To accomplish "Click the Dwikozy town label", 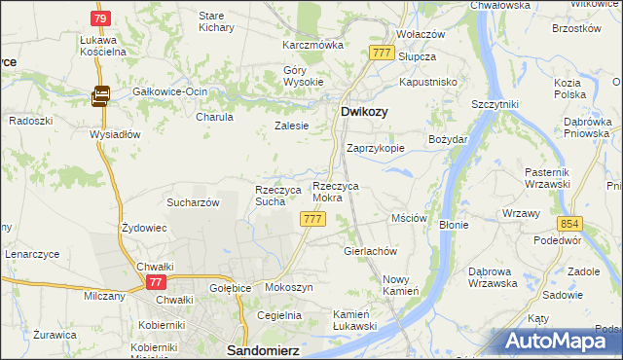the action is click(x=365, y=112).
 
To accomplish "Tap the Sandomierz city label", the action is click(x=262, y=346).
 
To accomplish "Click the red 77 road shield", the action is click(x=155, y=281).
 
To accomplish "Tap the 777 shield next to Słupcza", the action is click(x=381, y=52).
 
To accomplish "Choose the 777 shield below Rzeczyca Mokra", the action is click(x=312, y=220).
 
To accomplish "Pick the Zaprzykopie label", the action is click(x=376, y=149).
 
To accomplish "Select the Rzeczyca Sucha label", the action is click(x=270, y=196).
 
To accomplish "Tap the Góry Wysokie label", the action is click(x=303, y=76).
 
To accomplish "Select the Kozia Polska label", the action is click(x=568, y=90).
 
